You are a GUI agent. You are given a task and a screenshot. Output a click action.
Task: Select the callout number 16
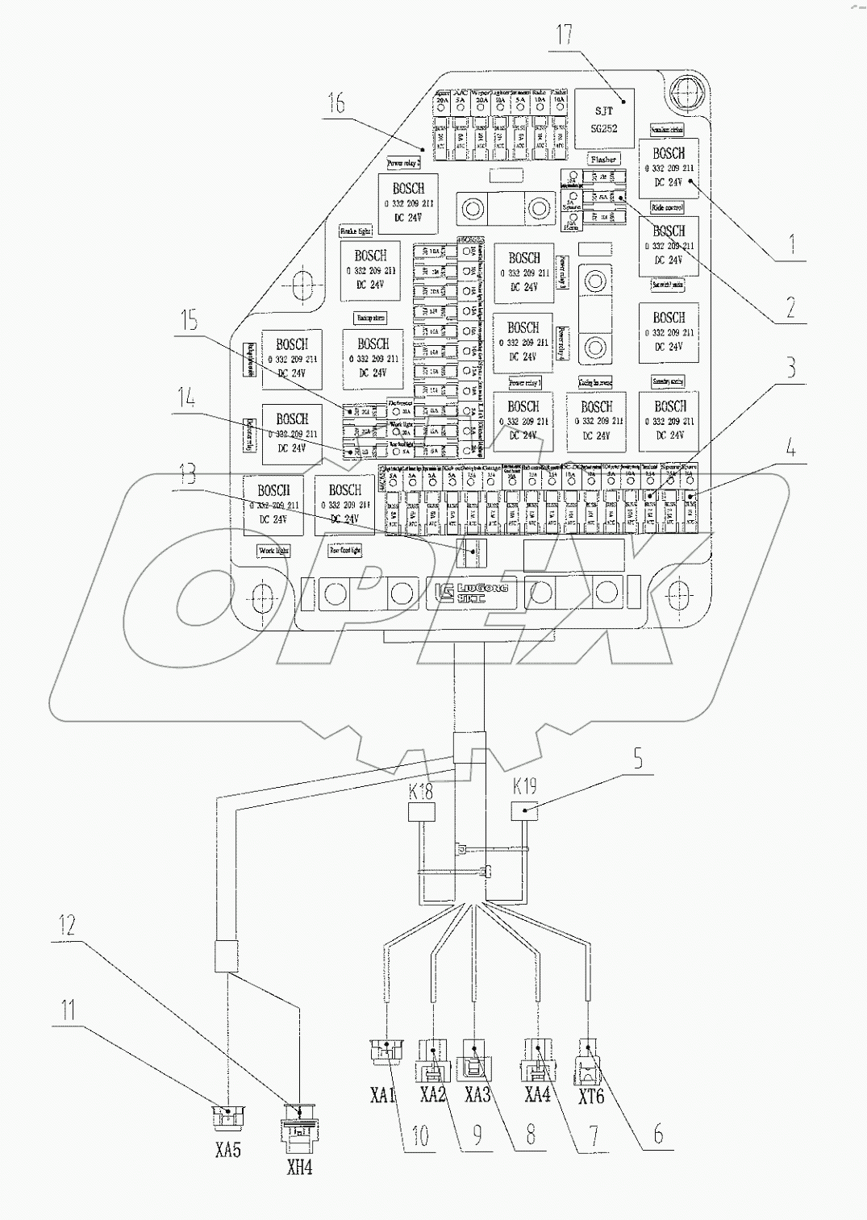click(337, 103)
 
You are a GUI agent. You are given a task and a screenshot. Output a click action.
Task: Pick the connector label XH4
click(299, 1167)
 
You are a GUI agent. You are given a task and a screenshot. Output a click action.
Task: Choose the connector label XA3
click(477, 1096)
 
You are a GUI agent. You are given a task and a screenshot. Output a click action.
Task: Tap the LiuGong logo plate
click(465, 594)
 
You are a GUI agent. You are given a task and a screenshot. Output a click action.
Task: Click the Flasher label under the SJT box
click(603, 160)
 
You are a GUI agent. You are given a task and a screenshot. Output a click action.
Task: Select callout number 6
click(658, 1134)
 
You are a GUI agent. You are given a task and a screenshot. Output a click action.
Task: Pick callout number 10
click(422, 1135)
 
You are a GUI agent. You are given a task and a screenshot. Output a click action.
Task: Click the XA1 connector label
click(384, 1096)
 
